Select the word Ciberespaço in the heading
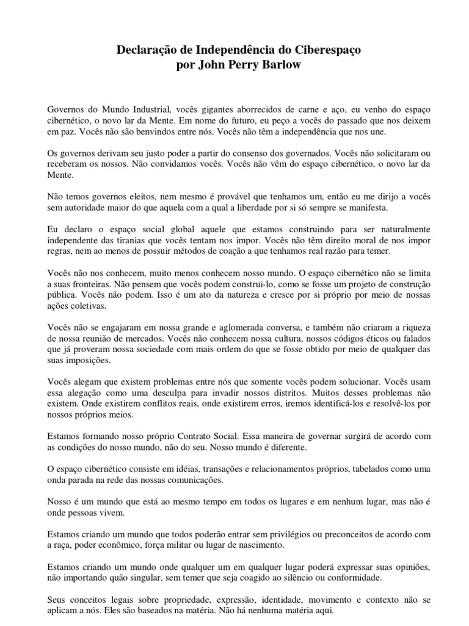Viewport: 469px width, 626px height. (x=323, y=53)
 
